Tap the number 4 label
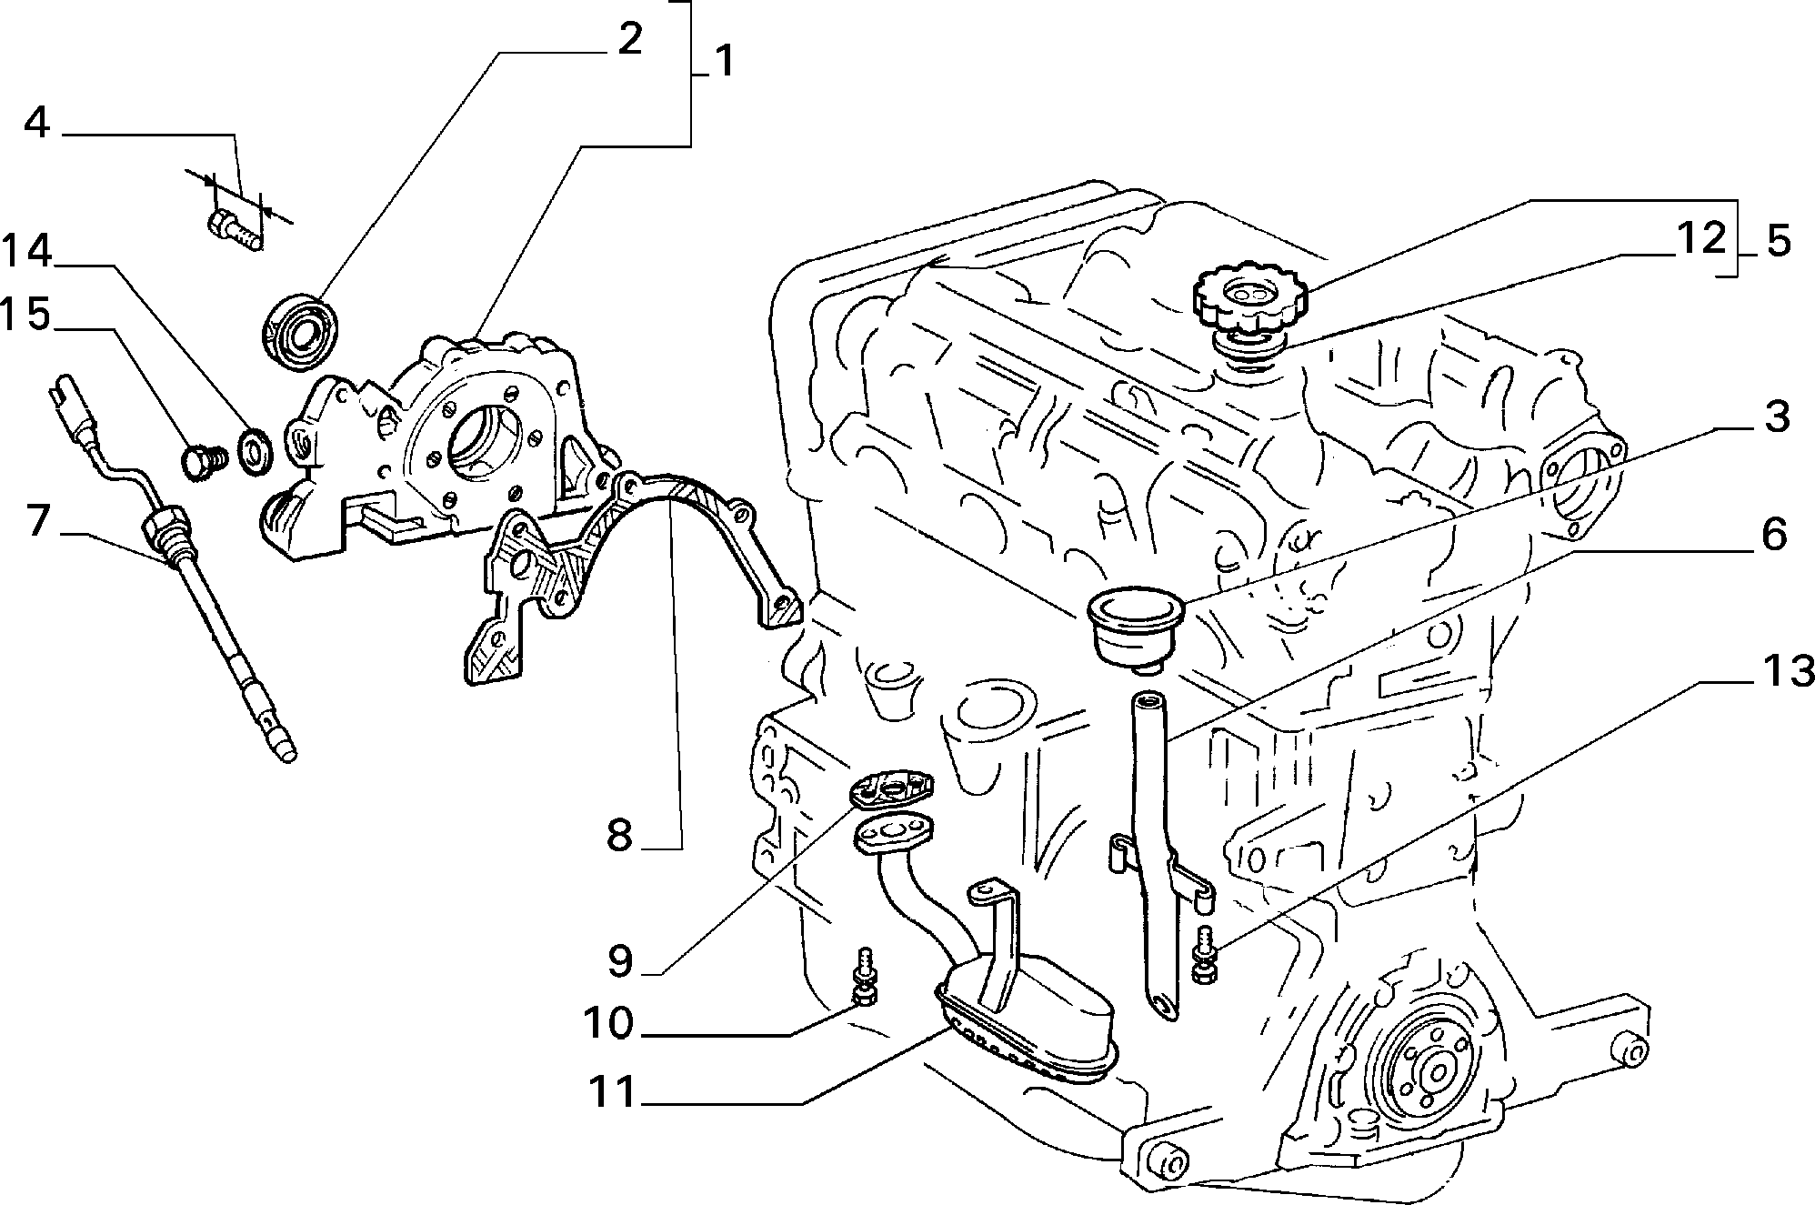36,123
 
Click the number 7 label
36,522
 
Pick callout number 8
619,834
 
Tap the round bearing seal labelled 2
301,332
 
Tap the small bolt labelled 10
864,978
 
